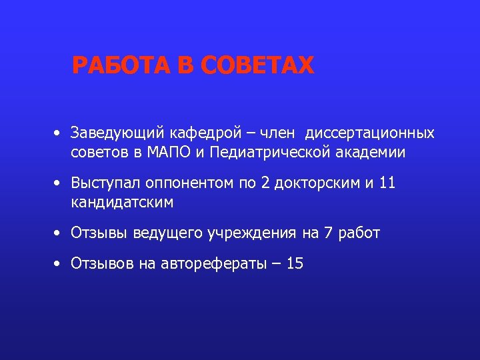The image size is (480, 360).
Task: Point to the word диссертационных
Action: (370, 133)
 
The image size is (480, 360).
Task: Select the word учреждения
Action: (247, 233)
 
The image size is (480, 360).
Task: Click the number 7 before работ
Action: (327, 233)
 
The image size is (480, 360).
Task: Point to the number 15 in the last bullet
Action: (294, 264)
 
